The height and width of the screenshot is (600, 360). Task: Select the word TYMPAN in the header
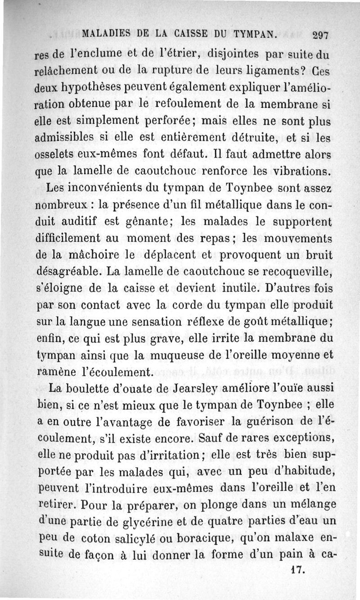255,34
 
